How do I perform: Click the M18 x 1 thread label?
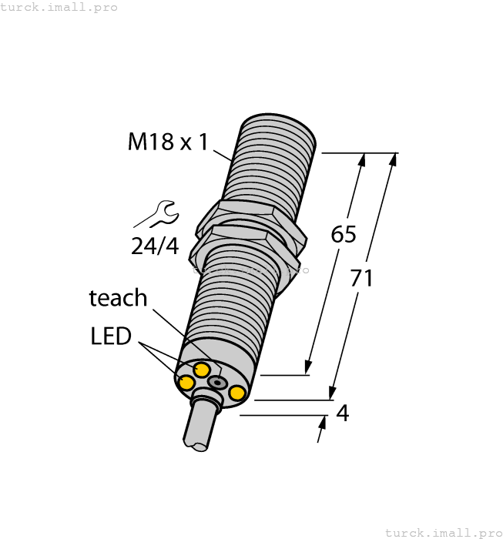tap(167, 142)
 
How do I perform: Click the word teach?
tap(118, 297)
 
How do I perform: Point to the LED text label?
tap(111, 336)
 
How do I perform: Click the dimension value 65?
tap(343, 234)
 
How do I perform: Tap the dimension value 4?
tap(343, 413)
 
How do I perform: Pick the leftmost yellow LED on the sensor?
tap(186, 382)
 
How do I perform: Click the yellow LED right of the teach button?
tap(237, 393)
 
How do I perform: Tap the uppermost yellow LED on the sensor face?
tap(202, 370)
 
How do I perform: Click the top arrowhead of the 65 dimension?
tap(363, 159)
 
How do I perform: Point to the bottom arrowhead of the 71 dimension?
tap(334, 393)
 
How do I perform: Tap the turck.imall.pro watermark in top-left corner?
tap(59, 7)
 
